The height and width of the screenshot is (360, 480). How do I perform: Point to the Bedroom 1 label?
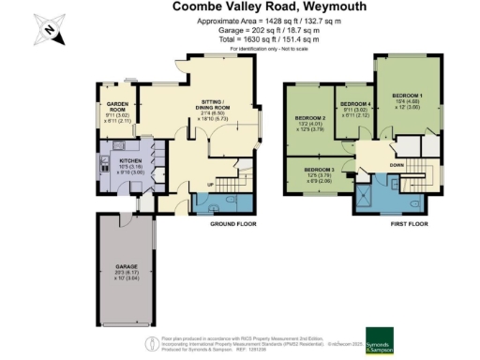(x=408, y=98)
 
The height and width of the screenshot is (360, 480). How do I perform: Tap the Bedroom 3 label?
(x=319, y=173)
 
